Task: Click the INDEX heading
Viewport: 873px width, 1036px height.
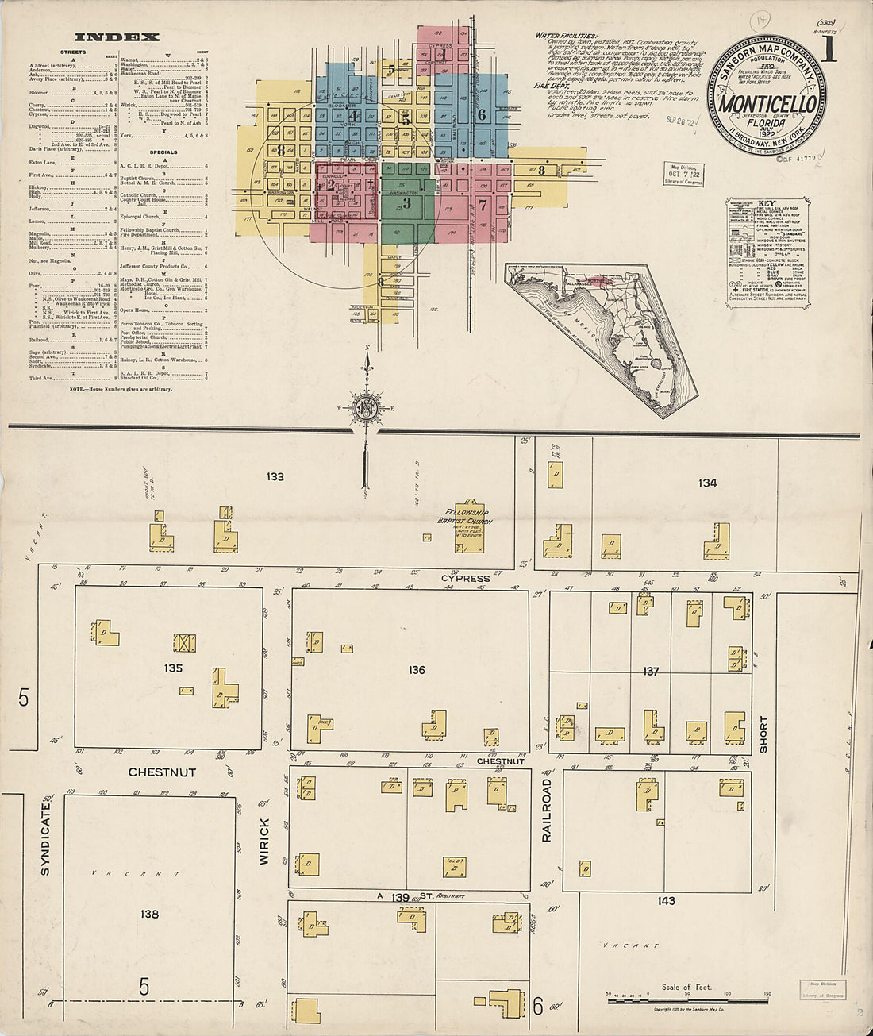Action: (x=117, y=37)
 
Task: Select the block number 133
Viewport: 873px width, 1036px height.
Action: (x=275, y=477)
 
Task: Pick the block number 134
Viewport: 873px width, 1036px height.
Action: (x=707, y=483)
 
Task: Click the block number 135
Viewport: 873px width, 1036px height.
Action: (x=173, y=668)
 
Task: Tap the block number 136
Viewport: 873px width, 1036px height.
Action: (x=417, y=670)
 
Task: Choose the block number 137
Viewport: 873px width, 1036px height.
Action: (x=651, y=672)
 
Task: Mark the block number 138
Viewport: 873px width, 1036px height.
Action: (x=149, y=915)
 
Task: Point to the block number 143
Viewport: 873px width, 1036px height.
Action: (x=666, y=900)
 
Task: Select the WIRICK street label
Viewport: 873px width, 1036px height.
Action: (x=264, y=842)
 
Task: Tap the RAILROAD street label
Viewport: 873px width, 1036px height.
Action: (x=546, y=810)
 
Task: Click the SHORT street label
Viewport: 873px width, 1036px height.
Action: (x=763, y=734)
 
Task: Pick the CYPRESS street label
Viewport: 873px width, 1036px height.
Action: (x=466, y=579)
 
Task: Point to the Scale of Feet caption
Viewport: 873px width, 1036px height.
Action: (x=686, y=988)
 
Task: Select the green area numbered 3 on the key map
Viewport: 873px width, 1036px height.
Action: (x=406, y=202)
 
